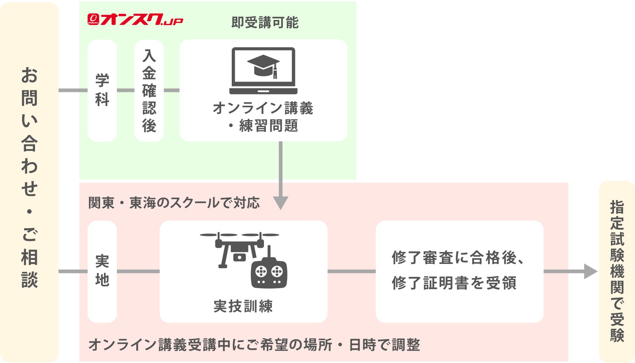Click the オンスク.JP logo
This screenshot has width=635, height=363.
coord(135,20)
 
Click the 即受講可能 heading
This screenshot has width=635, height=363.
coord(265,23)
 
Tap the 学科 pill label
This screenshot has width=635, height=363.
coord(102,90)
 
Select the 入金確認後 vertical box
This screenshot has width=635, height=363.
coord(149,90)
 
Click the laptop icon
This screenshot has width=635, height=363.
coord(263,71)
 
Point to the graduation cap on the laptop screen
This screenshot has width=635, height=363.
coord(263,65)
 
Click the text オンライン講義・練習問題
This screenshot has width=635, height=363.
coord(263,117)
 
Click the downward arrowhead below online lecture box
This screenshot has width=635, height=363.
coord(281,203)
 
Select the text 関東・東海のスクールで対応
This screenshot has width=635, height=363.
coord(174,203)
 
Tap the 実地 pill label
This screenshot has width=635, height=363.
coord(102,271)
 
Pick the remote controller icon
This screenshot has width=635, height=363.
coord(269,272)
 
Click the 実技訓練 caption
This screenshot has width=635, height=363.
coord(243,306)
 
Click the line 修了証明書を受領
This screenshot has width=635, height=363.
coord(454,283)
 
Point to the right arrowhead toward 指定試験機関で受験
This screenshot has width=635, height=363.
coord(590,271)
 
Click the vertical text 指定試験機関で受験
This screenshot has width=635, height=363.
coord(617,271)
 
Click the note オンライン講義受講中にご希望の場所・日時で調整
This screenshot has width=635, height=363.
coord(254,345)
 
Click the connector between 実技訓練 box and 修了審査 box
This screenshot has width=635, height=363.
coord(351,271)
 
